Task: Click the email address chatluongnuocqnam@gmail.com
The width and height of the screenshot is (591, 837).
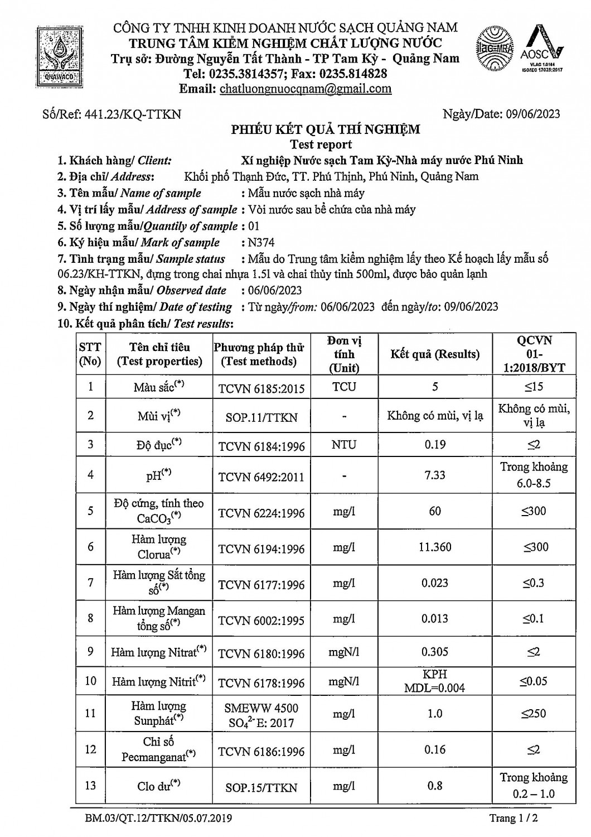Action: [x=306, y=89]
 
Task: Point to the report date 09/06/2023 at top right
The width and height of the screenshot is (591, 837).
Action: [x=533, y=114]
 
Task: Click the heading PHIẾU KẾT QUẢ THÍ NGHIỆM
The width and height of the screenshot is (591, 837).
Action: [x=326, y=130]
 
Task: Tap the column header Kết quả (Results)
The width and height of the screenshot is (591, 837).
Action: [x=435, y=354]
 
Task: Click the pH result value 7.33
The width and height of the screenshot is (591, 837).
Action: [x=435, y=475]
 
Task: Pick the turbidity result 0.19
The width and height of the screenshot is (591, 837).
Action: [x=435, y=445]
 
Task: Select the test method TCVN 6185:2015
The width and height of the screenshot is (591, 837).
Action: [x=261, y=388]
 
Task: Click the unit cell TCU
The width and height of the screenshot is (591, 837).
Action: [x=344, y=387]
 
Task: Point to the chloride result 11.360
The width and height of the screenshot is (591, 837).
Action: [x=435, y=547]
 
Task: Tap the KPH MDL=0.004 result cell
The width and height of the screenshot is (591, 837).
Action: [x=435, y=681]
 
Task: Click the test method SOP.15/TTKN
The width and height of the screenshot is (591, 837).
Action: [x=261, y=787]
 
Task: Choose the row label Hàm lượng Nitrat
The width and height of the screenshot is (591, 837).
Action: [x=158, y=652]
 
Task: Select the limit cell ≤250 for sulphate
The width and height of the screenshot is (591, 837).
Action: [x=534, y=713]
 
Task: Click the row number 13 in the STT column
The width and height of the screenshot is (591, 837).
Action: [x=91, y=786]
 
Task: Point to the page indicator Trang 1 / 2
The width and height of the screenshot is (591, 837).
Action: [x=514, y=819]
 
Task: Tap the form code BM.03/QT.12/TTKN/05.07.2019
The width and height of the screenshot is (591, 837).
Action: [x=159, y=819]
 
